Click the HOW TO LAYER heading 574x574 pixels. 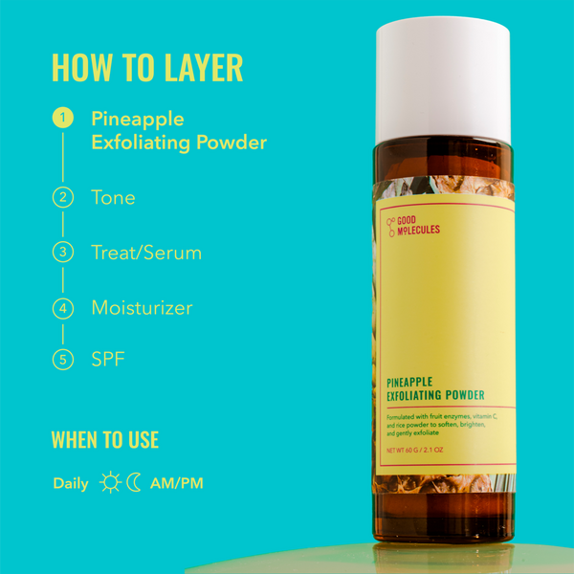tap(146, 68)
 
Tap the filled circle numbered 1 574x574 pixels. tap(63, 119)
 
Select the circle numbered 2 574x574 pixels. tap(63, 198)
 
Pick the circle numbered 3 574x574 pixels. tap(63, 253)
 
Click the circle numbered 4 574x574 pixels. tap(63, 308)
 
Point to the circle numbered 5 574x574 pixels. tap(63, 361)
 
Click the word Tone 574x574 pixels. tap(113, 198)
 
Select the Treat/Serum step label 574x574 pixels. tap(146, 253)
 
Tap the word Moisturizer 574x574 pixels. tap(142, 308)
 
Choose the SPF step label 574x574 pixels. tap(108, 361)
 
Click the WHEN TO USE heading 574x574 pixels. tap(105, 440)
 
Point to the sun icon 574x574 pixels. tap(111, 483)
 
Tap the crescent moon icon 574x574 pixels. tap(134, 483)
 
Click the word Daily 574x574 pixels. tap(71, 484)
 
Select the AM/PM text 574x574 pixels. tap(176, 484)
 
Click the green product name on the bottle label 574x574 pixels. tap(435, 387)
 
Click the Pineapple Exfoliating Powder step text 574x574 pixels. tap(178, 131)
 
